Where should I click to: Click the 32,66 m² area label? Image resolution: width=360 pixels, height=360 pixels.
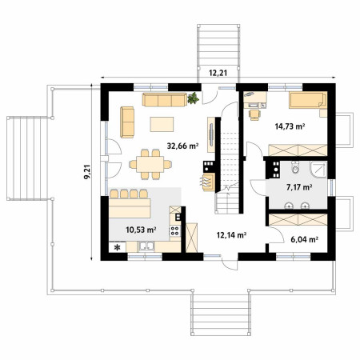click(x=182, y=146)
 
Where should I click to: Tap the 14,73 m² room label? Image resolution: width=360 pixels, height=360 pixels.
click(x=290, y=126)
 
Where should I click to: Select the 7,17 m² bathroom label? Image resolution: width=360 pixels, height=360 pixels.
click(x=299, y=187)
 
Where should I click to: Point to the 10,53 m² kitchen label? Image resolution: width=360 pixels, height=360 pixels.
click(x=141, y=230)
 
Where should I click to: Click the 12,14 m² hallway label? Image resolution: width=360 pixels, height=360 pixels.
click(x=231, y=235)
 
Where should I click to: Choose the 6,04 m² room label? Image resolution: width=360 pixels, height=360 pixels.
click(x=304, y=239)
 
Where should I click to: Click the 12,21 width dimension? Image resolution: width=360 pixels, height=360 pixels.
click(x=218, y=73)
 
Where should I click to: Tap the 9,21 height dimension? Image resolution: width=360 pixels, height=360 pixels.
click(x=88, y=172)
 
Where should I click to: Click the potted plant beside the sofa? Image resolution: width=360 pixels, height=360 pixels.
click(x=193, y=98)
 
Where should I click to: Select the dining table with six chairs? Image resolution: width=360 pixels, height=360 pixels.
click(x=150, y=164)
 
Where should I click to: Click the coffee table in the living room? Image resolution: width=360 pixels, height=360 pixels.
click(x=162, y=124)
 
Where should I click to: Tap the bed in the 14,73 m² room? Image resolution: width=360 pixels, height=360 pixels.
click(x=308, y=100)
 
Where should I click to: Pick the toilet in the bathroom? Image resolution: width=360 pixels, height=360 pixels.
click(x=295, y=167)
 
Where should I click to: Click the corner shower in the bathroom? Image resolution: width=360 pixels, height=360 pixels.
click(x=318, y=169)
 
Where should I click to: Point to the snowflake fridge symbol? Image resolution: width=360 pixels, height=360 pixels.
click(x=118, y=247)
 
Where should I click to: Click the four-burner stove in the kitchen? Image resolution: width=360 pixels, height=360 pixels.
click(x=175, y=230)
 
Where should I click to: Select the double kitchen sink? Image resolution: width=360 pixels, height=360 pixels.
click(x=146, y=246)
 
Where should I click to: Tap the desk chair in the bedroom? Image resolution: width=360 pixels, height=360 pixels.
click(x=254, y=114)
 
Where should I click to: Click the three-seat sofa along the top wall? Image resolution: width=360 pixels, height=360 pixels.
click(x=165, y=100)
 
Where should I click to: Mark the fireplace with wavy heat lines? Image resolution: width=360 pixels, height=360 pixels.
click(x=208, y=182)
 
